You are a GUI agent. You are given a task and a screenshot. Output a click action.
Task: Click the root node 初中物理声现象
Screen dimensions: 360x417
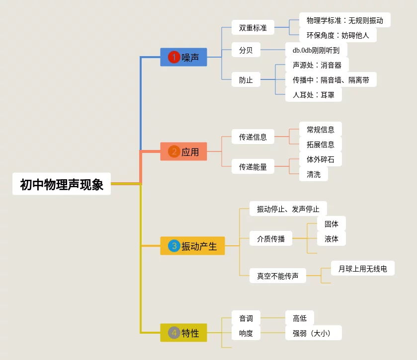(x=62, y=184)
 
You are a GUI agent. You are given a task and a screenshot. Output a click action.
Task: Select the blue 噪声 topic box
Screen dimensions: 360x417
(x=183, y=57)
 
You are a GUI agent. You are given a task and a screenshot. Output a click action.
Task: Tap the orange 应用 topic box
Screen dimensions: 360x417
(x=183, y=151)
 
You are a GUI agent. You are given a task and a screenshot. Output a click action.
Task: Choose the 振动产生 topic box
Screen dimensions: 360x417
(x=192, y=246)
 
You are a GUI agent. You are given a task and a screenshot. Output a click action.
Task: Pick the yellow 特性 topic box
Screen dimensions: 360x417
(x=183, y=333)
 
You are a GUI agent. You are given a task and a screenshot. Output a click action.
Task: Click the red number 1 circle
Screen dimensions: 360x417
(x=174, y=57)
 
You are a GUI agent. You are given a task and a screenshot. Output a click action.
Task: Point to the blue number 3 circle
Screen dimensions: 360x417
(x=174, y=246)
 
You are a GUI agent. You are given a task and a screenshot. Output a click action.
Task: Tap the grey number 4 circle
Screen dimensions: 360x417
(x=174, y=333)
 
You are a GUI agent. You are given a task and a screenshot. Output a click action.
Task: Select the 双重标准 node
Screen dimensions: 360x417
(x=253, y=28)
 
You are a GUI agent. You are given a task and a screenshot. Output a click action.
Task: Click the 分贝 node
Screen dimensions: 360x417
(x=246, y=50)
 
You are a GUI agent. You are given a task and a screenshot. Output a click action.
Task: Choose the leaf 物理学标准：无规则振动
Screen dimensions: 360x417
(x=345, y=20)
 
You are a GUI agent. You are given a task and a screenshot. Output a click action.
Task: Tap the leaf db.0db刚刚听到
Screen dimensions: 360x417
(x=316, y=50)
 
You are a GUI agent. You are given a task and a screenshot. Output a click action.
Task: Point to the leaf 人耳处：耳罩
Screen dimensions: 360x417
(x=314, y=94)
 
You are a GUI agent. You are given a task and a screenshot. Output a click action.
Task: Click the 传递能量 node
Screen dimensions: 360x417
(x=253, y=167)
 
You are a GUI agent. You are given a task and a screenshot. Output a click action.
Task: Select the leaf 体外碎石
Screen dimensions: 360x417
(x=321, y=159)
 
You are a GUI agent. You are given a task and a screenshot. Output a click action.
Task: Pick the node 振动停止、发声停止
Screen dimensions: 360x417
(x=288, y=209)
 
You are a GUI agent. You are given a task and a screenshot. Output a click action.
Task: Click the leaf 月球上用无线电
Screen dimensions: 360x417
(x=363, y=269)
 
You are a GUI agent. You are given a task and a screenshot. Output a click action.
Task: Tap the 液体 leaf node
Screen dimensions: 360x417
(x=332, y=239)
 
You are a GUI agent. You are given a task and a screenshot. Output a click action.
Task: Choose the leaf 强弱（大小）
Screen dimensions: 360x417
(x=314, y=333)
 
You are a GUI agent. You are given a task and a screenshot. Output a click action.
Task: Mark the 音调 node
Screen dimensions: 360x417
(x=246, y=318)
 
